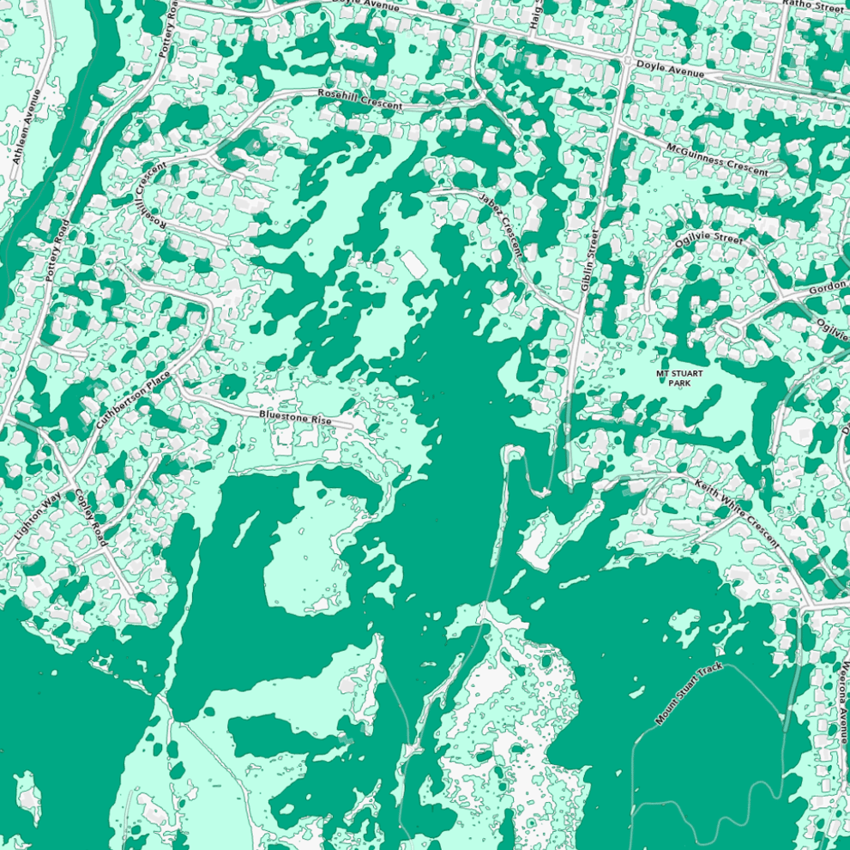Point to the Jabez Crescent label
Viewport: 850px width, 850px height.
pos(501,225)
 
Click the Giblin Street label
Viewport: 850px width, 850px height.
pos(590,260)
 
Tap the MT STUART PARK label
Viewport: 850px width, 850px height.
pos(679,378)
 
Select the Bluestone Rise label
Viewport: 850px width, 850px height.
pos(295,418)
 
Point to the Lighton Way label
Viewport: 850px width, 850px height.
pos(38,515)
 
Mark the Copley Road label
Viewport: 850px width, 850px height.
pos(90,517)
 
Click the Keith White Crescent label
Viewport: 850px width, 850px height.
pos(736,512)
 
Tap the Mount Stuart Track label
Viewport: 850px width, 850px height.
pos(690,694)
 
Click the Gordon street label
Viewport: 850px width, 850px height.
pos(828,288)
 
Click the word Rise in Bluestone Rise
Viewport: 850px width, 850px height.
pos(322,420)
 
